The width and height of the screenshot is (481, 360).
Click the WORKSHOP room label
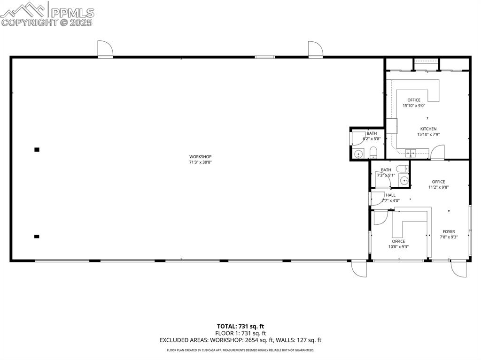coord(201,157)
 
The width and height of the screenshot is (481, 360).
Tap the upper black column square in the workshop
coord(37,150)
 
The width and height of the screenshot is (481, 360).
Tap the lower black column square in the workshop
coord(37,237)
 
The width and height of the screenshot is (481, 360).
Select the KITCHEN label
coord(428,129)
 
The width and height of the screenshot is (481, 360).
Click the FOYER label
coord(449,231)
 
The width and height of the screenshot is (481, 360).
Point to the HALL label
coord(390,195)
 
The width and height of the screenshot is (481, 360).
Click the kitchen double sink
coord(411,152)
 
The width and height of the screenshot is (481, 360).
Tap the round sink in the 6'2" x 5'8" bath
coord(358,153)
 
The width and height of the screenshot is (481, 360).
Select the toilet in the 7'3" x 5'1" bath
coord(402,168)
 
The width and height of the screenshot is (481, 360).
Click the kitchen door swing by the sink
coord(437,153)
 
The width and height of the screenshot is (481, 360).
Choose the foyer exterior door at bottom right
coord(456,268)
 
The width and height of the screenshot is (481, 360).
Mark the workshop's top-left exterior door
coord(104,48)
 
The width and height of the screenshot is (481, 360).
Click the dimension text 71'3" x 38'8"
coord(201,162)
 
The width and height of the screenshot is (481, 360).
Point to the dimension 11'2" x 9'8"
coord(438,187)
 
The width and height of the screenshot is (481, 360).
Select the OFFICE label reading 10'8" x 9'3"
coord(398,241)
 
